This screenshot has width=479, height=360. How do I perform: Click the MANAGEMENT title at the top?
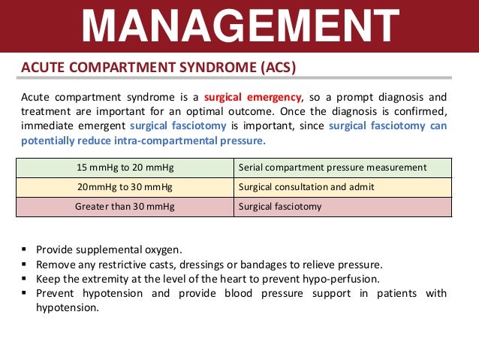(239, 26)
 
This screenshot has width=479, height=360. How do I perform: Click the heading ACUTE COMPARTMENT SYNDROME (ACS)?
(158, 68)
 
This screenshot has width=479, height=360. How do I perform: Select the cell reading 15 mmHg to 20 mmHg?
(125, 168)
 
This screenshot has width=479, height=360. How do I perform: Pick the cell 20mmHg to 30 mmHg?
(125, 186)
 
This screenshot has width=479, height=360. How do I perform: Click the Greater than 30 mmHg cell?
(125, 206)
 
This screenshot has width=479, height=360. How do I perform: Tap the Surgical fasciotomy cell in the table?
(280, 206)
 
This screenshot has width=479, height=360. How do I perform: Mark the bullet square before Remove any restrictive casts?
(26, 264)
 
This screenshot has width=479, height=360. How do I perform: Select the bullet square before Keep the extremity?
(26, 278)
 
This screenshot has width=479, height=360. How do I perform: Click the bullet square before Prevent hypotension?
(26, 293)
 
